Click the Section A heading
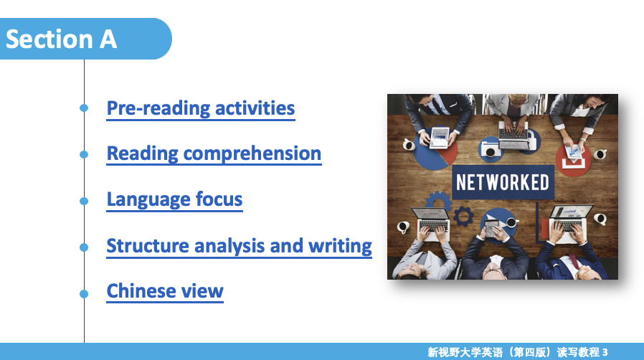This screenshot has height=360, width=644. tap(61, 39)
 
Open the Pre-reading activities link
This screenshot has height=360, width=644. tap(201, 109)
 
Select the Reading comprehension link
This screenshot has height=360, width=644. tap(214, 154)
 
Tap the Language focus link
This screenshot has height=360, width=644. tap(174, 200)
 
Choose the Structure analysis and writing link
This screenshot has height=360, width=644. tap(239, 246)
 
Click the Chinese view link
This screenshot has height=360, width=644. tap(165, 291)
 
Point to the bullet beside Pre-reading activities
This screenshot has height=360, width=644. tap(84, 108)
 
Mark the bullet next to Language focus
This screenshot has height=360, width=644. tap(84, 201)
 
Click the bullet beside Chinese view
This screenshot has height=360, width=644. tap(84, 294)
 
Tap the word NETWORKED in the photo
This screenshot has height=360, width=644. tap(503, 182)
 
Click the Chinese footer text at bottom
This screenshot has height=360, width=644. tap(518, 352)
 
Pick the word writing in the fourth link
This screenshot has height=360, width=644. tap(340, 246)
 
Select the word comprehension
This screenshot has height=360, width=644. tap(252, 155)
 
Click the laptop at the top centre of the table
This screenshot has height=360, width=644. tap(513, 135)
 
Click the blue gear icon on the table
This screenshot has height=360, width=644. tap(464, 217)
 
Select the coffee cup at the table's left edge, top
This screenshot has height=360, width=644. tap(408, 144)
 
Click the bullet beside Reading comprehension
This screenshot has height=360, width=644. tap(84, 154)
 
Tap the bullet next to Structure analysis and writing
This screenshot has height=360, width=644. tap(84, 247)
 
